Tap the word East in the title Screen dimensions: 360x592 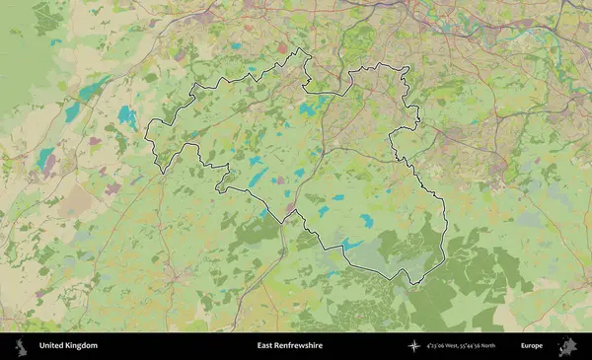click(266, 346)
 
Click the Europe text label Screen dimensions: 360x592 click(532, 346)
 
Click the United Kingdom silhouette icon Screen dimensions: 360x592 click(20, 346)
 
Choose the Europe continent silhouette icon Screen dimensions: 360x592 click(567, 346)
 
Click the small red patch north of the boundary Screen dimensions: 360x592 click(283, 46)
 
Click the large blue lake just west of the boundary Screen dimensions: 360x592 click(127, 116)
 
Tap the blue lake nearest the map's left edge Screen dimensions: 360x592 click(45, 157)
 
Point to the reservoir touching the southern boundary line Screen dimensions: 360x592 click(351, 244)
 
